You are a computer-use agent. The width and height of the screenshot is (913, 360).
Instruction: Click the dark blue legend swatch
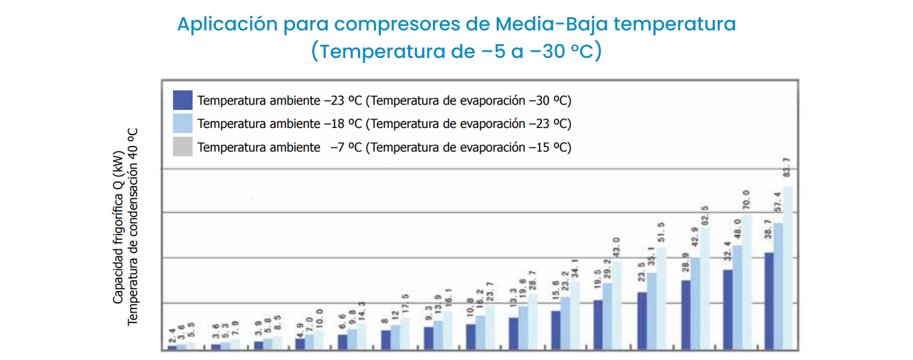(183, 100)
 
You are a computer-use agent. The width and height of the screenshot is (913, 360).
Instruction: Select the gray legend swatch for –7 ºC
(183, 146)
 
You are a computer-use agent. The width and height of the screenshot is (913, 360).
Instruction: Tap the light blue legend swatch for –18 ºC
(183, 123)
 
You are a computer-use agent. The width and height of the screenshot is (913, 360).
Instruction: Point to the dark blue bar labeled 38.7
(769, 302)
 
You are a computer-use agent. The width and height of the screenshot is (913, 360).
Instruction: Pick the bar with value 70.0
(747, 282)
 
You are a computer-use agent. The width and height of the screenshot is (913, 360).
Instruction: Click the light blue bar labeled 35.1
(651, 311)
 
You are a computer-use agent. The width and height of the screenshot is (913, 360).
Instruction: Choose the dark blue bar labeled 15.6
(556, 331)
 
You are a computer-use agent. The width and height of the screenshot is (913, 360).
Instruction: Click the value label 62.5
(705, 215)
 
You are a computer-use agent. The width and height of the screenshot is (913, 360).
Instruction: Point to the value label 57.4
(778, 202)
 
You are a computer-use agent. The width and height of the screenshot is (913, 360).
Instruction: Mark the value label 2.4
(172, 335)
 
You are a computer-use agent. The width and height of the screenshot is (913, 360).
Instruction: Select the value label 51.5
(661, 232)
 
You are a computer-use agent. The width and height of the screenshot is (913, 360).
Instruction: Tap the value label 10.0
(319, 318)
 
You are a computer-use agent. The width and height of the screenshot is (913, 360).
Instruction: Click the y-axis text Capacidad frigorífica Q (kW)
(118, 227)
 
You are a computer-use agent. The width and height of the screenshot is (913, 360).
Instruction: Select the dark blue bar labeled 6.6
(342, 342)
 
